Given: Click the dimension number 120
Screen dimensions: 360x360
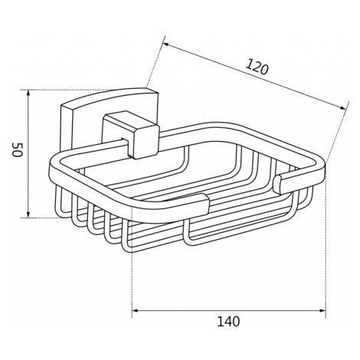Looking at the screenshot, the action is coord(257,67).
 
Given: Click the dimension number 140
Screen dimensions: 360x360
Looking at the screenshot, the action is coord(228,322).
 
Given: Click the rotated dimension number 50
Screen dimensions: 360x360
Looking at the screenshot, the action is coord(18,149).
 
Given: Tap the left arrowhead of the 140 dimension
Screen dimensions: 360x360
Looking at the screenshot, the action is coord(135,311).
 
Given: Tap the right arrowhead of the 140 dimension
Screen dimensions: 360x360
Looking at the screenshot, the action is coord(322,311).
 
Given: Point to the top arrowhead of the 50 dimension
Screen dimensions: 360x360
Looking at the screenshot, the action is coord(28,93).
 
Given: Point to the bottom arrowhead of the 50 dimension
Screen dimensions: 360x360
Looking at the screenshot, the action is coord(28,214).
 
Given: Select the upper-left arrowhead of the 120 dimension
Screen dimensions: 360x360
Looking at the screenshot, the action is coord(166,44).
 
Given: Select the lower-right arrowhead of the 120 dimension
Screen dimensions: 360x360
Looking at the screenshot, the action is coord(343,108).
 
